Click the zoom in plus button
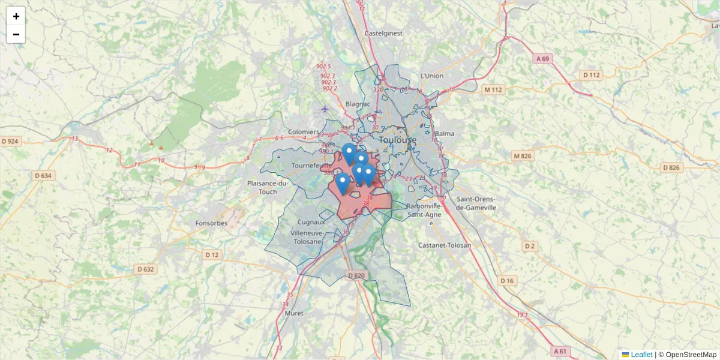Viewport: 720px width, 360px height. point(16,16)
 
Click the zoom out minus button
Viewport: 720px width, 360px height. point(16,34)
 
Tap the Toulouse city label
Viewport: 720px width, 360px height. point(397,140)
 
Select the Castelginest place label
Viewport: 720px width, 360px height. point(383,34)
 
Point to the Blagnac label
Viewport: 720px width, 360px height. point(358,104)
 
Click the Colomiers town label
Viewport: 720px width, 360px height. point(304,132)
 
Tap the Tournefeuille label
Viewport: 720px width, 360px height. point(311,165)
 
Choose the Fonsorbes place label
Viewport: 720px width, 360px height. point(211,223)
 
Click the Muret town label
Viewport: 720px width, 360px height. point(294,313)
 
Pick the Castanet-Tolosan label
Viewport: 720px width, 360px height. point(445,245)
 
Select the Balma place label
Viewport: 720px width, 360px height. point(445,133)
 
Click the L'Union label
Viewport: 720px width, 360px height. point(432,76)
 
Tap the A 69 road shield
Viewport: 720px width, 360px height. point(542,59)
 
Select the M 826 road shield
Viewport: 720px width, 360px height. point(522,156)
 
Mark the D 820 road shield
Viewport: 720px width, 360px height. point(356,275)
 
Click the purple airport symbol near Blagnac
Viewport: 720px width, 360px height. point(325,109)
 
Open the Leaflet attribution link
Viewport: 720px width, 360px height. point(641,355)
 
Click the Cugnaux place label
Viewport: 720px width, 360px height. point(311,222)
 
